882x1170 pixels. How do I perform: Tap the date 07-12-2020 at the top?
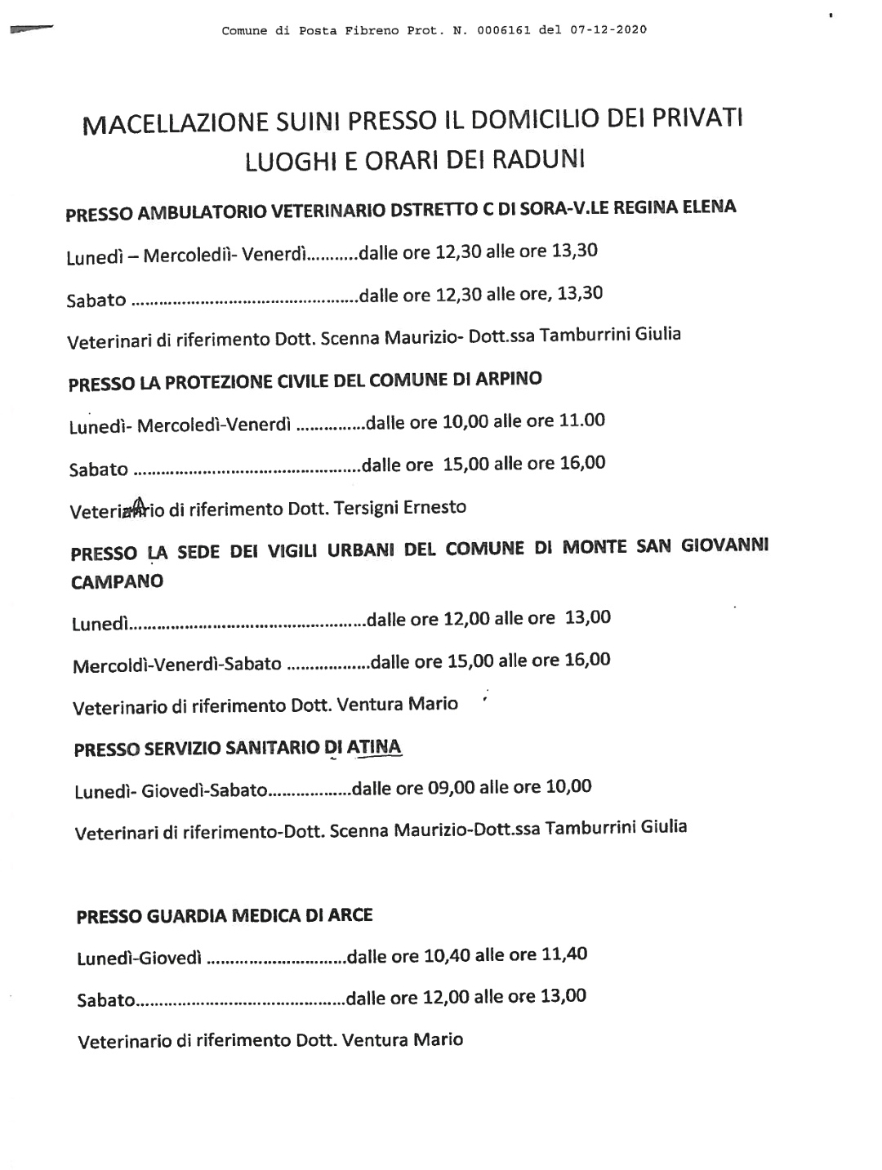click(x=605, y=30)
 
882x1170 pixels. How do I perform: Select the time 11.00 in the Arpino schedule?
click(x=581, y=420)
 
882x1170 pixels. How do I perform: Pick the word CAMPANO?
click(x=117, y=581)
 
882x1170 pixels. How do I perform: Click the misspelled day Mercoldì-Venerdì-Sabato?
click(x=177, y=664)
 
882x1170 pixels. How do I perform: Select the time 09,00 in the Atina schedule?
click(x=451, y=787)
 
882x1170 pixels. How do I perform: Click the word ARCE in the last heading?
click(x=350, y=915)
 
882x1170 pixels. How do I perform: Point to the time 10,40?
click(x=447, y=954)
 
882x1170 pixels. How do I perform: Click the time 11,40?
click(x=564, y=954)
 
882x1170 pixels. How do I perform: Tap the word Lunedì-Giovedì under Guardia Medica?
click(x=139, y=958)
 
